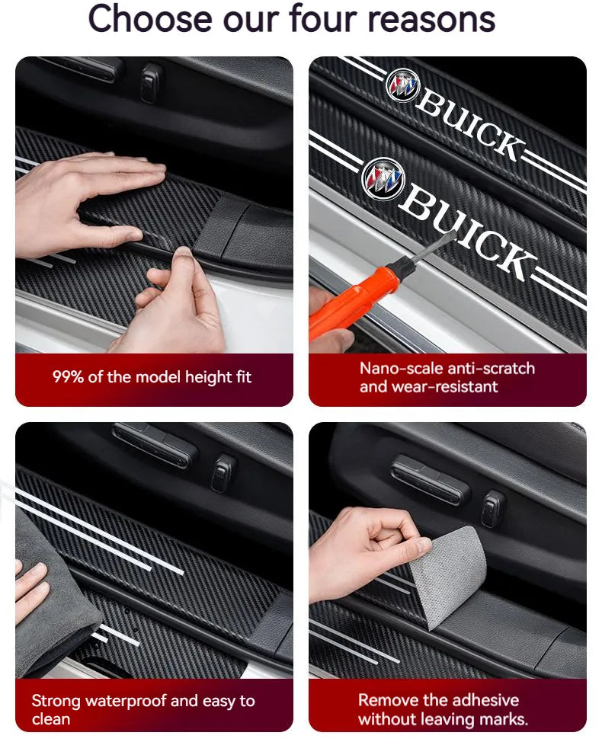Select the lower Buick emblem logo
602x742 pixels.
pyautogui.click(x=383, y=180)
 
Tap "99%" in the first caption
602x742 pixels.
pyautogui.click(x=69, y=377)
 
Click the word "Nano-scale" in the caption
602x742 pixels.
pyautogui.click(x=399, y=369)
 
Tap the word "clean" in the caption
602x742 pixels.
pyautogui.click(x=50, y=719)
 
